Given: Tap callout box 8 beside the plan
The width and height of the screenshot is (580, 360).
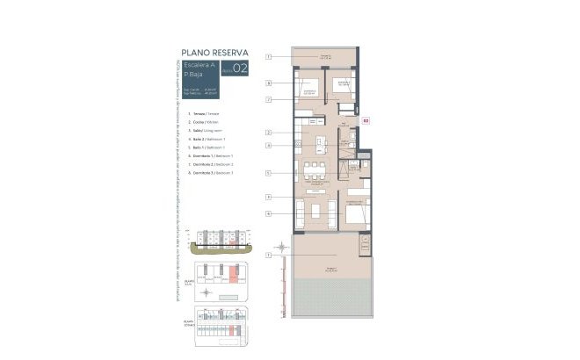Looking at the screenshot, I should pyautogui.click(x=268, y=82).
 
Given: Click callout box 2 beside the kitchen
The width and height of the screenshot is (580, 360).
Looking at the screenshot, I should pyautogui.click(x=268, y=133).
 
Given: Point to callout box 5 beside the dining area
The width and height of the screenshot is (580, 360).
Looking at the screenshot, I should pyautogui.click(x=268, y=173).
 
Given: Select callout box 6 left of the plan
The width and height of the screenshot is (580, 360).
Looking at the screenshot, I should pyautogui.click(x=268, y=213).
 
